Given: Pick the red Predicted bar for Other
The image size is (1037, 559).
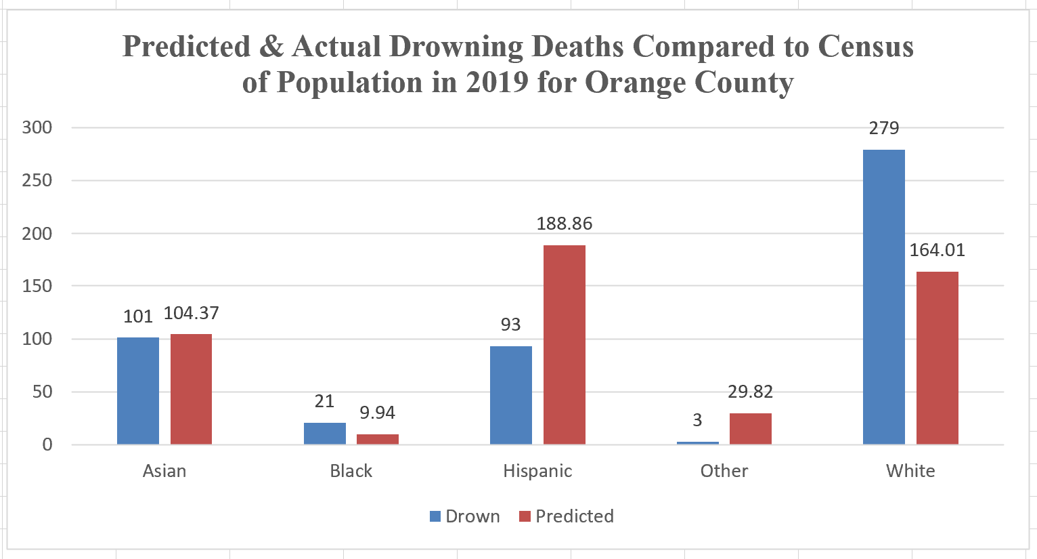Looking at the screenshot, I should [750, 428].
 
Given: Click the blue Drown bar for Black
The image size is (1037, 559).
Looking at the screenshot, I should [324, 434].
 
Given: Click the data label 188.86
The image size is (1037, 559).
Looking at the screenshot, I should [564, 224].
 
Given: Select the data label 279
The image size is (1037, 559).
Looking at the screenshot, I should [883, 128].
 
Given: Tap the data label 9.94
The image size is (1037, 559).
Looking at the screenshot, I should [377, 413].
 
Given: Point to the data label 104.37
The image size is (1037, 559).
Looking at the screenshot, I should [191, 313].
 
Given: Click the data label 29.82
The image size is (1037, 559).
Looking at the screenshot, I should [750, 392].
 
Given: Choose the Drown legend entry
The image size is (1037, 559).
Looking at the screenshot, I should [465, 516].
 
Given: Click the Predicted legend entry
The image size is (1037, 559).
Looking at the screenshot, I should [567, 516].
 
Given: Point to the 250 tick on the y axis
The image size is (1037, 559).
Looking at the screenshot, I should [37, 180].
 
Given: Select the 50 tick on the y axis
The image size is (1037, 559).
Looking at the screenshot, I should [42, 392].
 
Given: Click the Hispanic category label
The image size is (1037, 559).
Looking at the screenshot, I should [537, 471].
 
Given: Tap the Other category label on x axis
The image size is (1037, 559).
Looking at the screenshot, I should [724, 471].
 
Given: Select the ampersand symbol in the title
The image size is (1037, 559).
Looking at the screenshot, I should [271, 46].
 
